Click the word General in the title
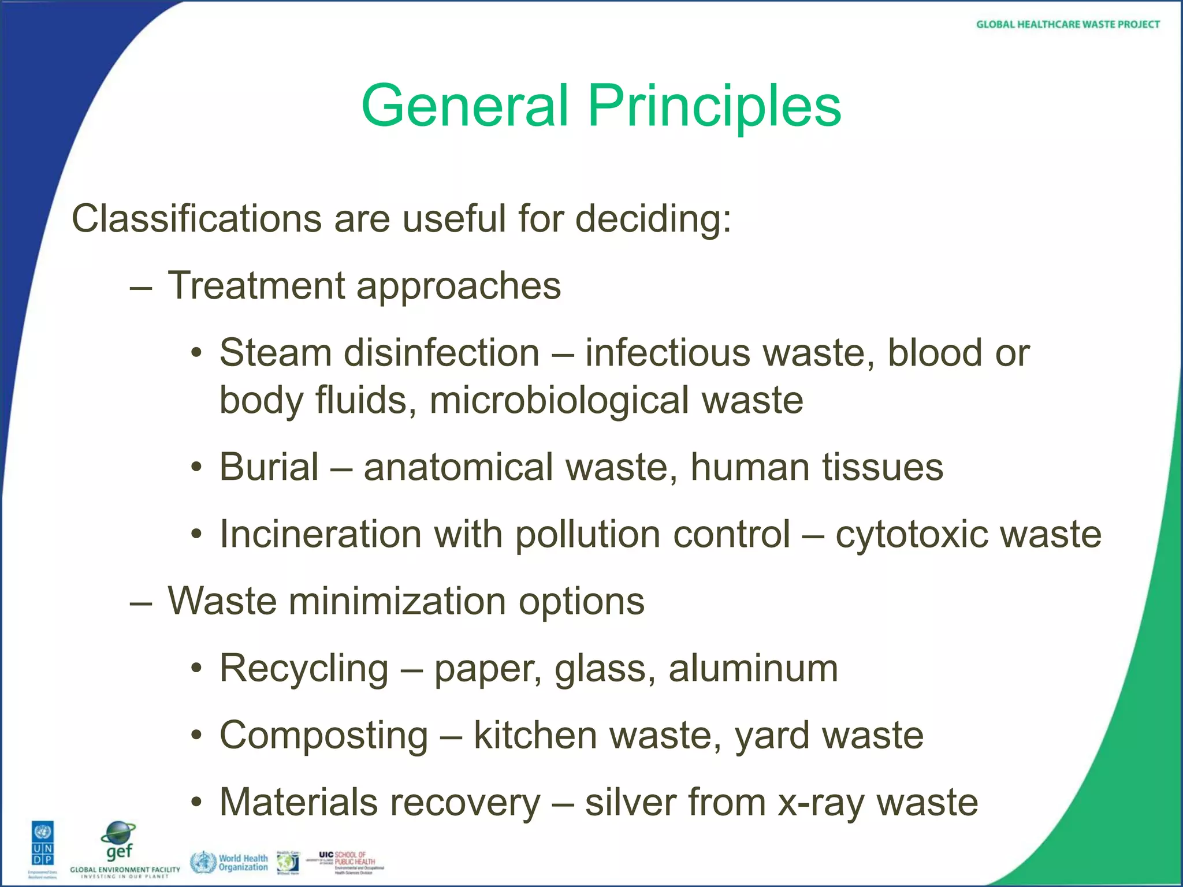tap(466, 106)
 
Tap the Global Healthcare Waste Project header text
tap(1067, 24)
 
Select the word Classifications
tap(196, 219)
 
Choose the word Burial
tap(269, 467)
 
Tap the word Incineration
tap(321, 534)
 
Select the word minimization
tap(397, 601)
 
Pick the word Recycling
tap(304, 669)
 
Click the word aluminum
tap(753, 668)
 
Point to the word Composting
tap(324, 736)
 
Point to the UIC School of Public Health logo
tap(351, 862)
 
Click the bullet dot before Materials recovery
tap(197, 802)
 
